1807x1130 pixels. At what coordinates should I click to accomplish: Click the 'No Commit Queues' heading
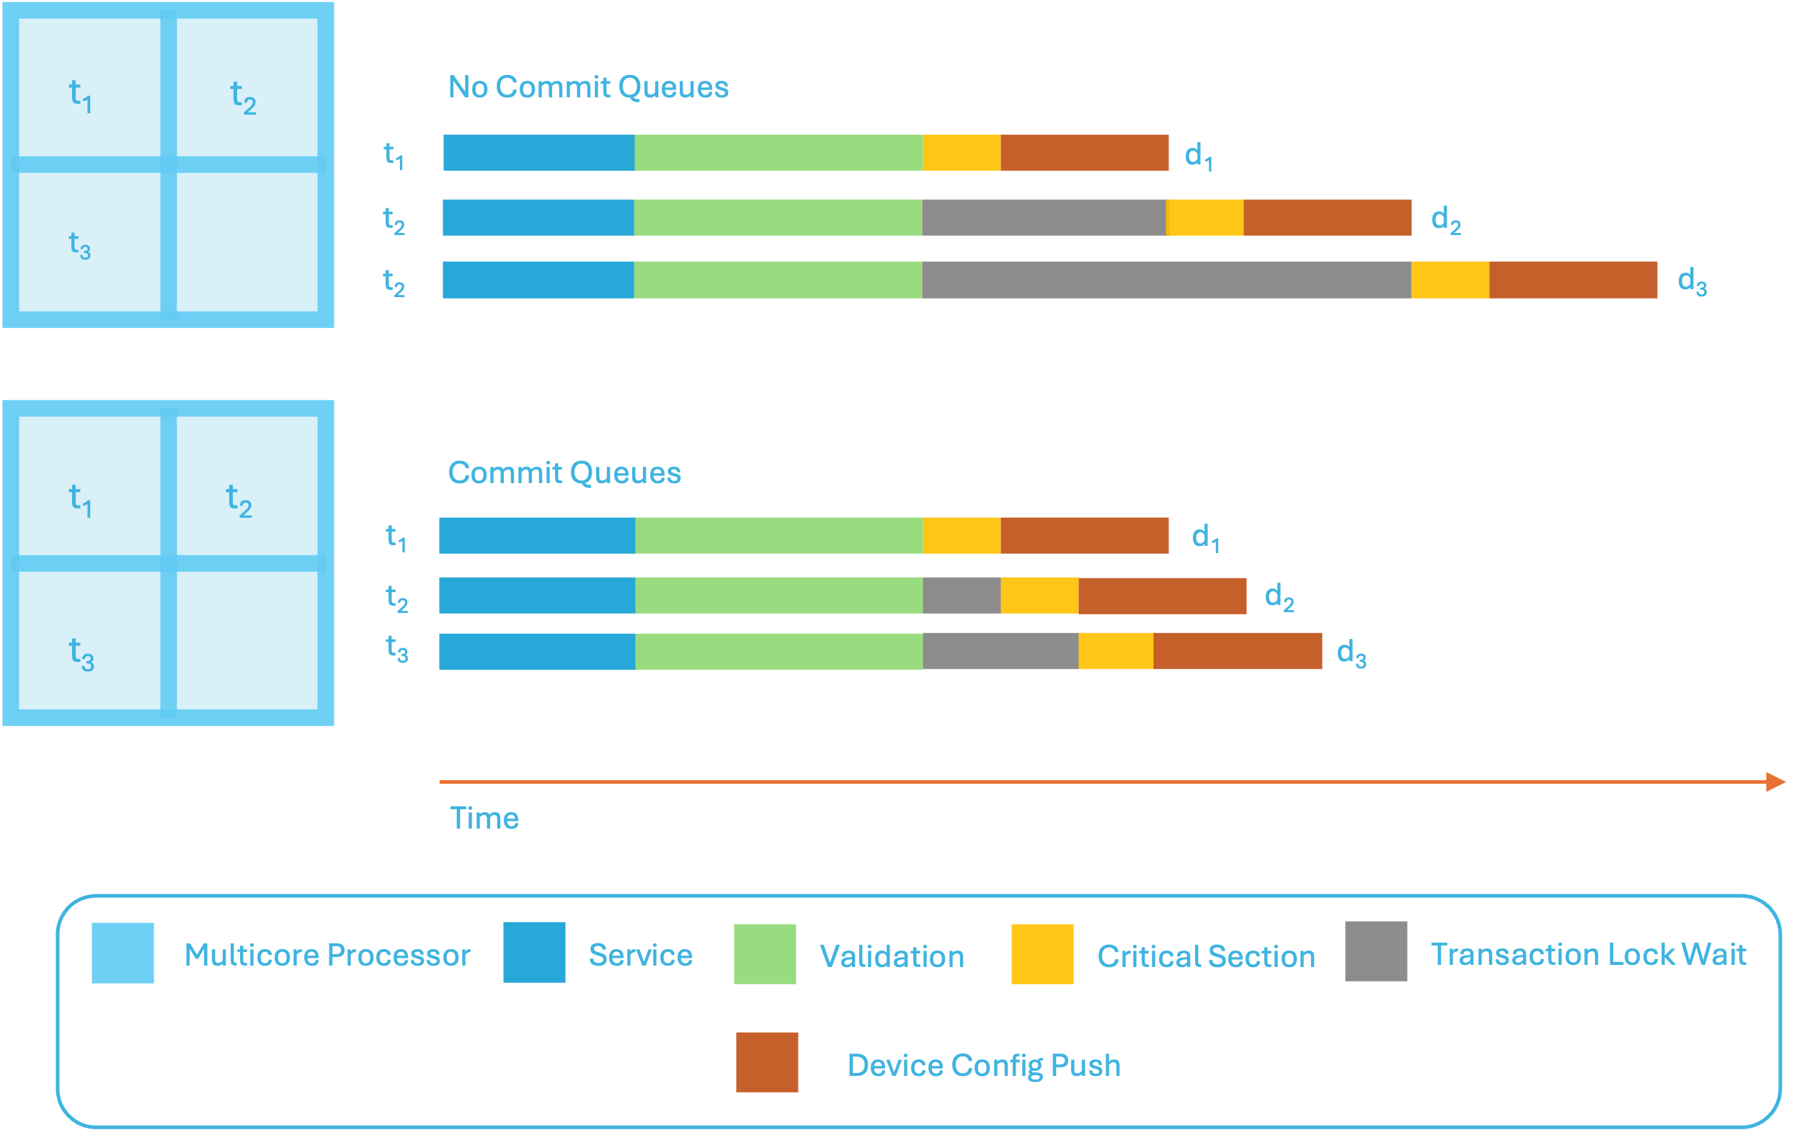[588, 87]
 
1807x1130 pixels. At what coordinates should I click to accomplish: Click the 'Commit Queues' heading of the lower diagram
[564, 473]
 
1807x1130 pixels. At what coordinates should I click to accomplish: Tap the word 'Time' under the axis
[484, 818]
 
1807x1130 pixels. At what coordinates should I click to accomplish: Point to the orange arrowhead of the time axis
[1775, 782]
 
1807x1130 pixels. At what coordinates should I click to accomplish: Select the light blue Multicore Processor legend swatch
[123, 987]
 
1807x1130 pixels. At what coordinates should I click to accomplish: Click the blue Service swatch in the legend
[533, 987]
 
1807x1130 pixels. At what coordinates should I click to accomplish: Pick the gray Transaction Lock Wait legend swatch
[1376, 987]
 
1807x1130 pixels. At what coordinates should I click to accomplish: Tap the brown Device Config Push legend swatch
[767, 1067]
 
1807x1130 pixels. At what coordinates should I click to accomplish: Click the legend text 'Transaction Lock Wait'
[1588, 954]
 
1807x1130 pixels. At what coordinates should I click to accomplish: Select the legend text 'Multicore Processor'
[327, 955]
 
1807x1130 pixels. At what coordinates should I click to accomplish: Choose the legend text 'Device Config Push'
[984, 1066]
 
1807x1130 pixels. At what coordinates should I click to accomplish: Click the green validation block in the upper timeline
[778, 230]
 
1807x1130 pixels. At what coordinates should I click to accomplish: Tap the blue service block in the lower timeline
[536, 621]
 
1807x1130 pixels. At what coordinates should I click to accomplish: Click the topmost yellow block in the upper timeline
[962, 167]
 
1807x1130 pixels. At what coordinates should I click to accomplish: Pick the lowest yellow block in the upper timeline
[1450, 294]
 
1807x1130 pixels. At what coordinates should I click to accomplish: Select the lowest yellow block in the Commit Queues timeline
[1116, 679]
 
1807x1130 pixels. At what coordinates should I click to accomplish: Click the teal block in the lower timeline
[1584, 694]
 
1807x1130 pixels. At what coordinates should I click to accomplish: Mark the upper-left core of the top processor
[89, 87]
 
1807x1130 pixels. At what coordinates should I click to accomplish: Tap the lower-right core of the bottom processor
[247, 640]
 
